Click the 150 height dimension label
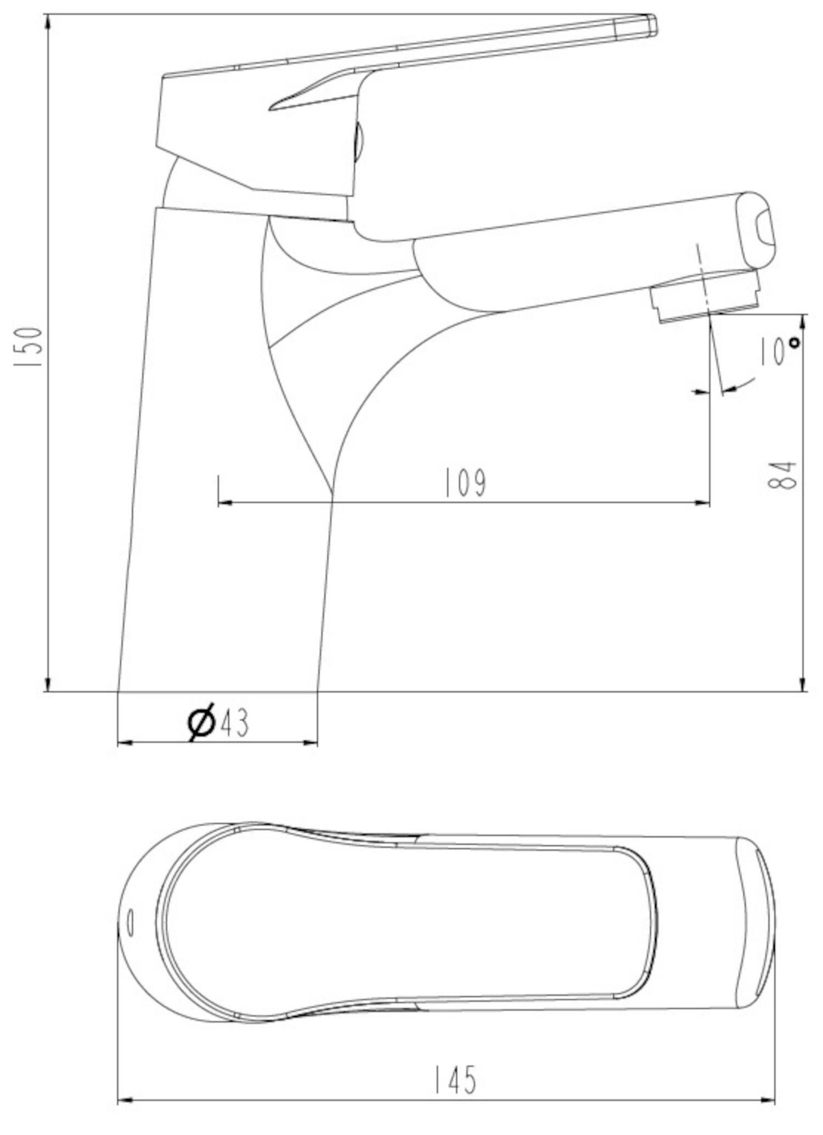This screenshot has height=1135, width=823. coord(29,347)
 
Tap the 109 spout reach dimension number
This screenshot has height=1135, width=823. coord(465,483)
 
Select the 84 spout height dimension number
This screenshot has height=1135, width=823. coord(782,475)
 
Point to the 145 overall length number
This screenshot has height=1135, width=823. coord(455,1080)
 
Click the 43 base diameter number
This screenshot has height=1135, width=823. coord(234,722)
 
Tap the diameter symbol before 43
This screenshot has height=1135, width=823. coord(201,722)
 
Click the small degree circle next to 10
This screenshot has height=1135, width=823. coord(794,342)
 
